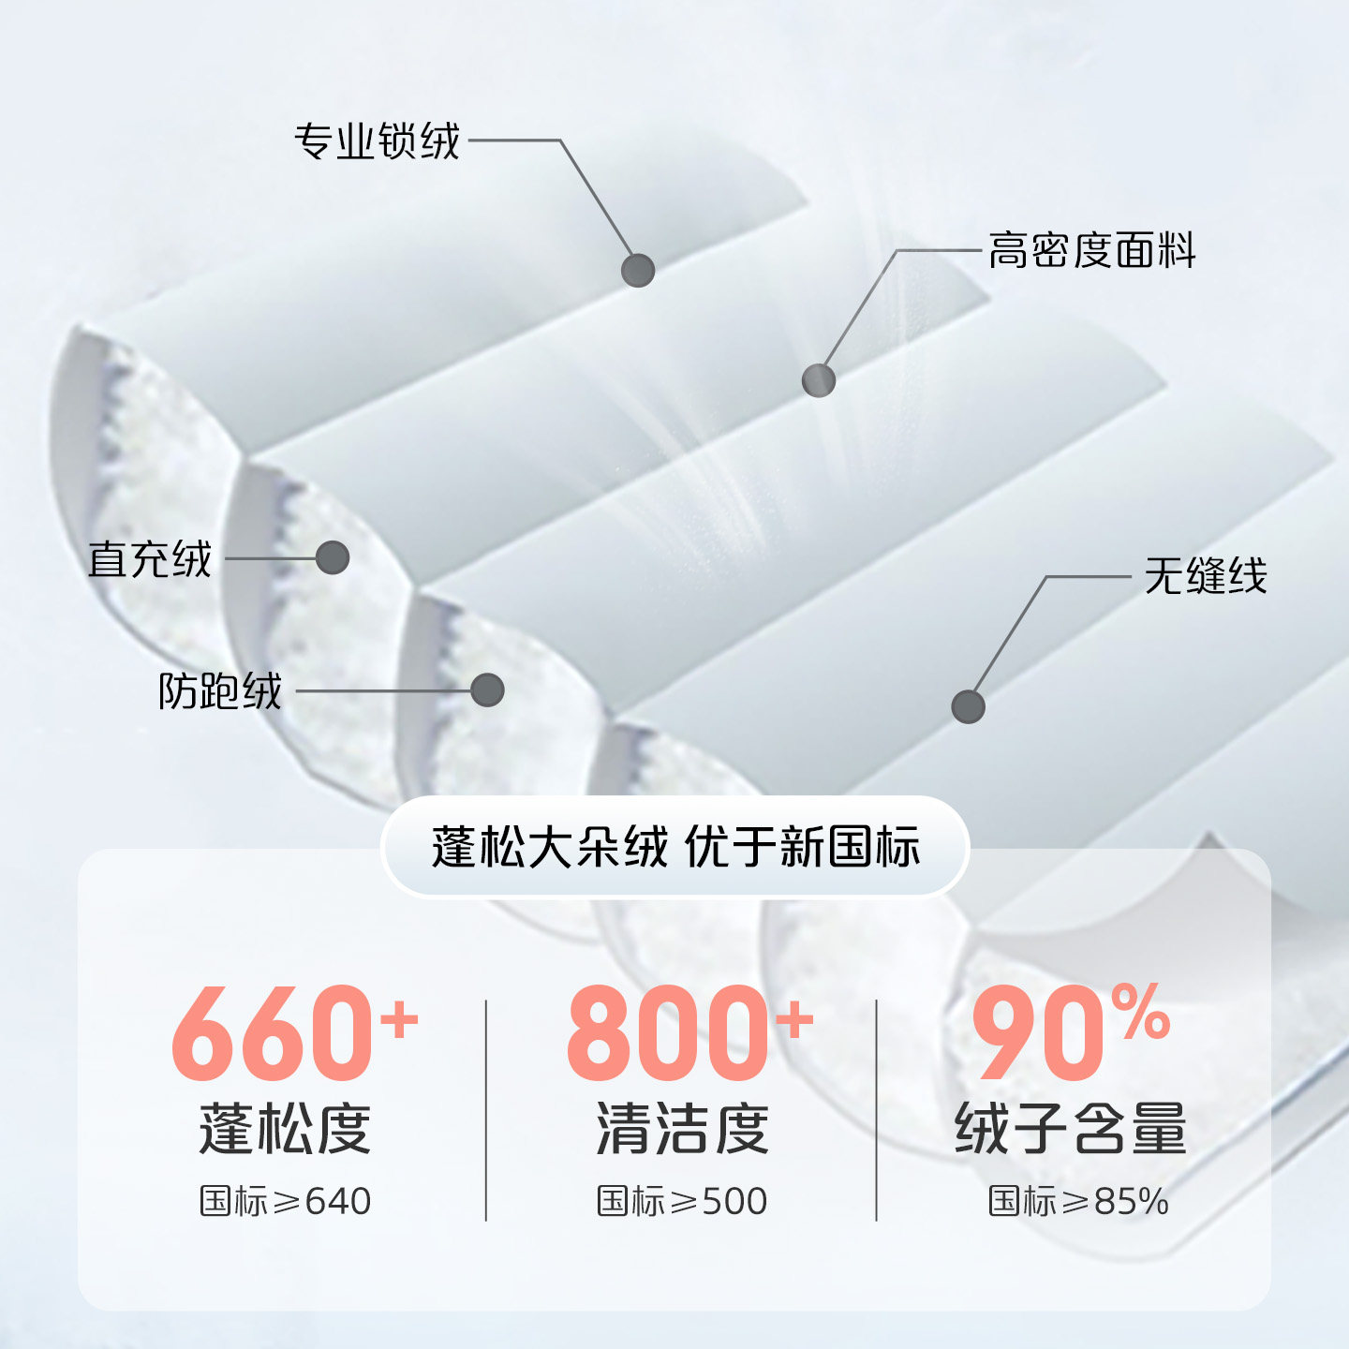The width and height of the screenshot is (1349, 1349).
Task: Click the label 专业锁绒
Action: click(x=377, y=141)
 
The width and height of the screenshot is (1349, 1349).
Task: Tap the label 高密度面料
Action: click(x=1092, y=251)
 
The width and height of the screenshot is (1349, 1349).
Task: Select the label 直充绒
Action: click(x=150, y=559)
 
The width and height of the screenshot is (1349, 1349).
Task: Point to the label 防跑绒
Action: click(x=219, y=691)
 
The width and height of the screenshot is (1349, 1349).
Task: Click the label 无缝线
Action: click(x=1206, y=575)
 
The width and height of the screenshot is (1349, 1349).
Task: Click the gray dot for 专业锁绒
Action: click(x=638, y=271)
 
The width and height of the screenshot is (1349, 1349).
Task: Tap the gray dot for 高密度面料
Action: click(x=819, y=380)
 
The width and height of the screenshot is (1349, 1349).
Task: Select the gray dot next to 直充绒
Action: click(x=333, y=558)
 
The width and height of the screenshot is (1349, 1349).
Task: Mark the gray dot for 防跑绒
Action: click(x=487, y=690)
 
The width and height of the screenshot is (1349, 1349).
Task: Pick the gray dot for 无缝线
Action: click(x=968, y=706)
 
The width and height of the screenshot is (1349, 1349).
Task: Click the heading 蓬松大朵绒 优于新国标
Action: click(x=675, y=847)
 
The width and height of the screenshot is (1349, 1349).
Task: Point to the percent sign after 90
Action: click(x=1142, y=1012)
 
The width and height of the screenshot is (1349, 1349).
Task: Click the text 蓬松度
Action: click(x=285, y=1129)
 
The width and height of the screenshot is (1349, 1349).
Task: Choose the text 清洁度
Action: click(x=682, y=1129)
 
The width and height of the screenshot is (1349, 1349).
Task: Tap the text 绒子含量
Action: click(x=1071, y=1129)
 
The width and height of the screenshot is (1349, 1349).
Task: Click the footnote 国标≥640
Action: click(x=286, y=1201)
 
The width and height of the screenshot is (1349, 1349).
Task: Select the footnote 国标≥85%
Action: click(x=1078, y=1201)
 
